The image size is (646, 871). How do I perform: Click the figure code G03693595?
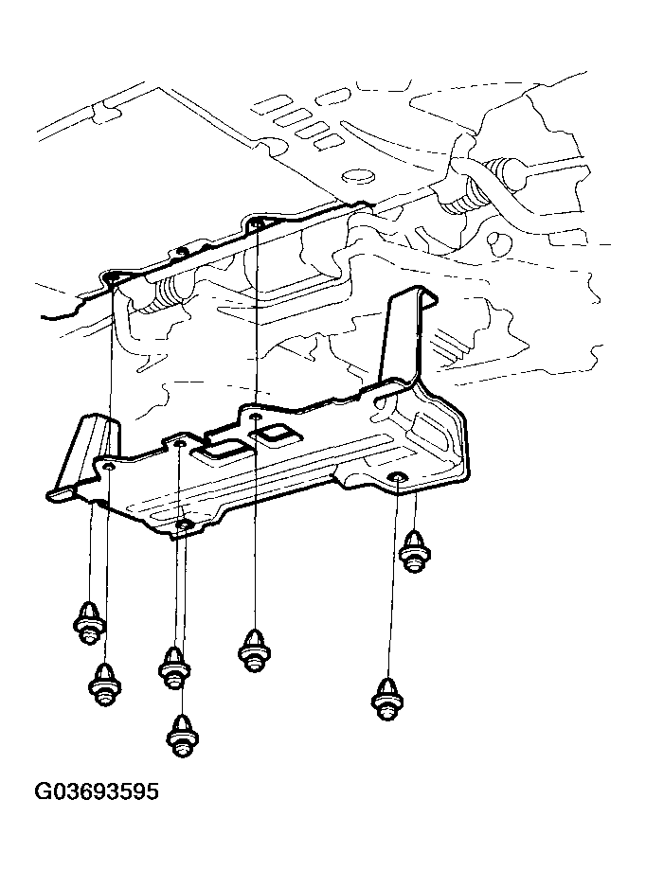97,791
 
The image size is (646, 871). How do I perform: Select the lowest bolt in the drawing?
183,736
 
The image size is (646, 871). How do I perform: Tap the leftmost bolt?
89,623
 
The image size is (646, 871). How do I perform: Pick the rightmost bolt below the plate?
415,552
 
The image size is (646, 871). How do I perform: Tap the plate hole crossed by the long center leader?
255,416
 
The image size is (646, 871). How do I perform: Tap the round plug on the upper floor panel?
357,177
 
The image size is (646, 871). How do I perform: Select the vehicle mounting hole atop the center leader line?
257,222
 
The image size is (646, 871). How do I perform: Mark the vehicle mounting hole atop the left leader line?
114,276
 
